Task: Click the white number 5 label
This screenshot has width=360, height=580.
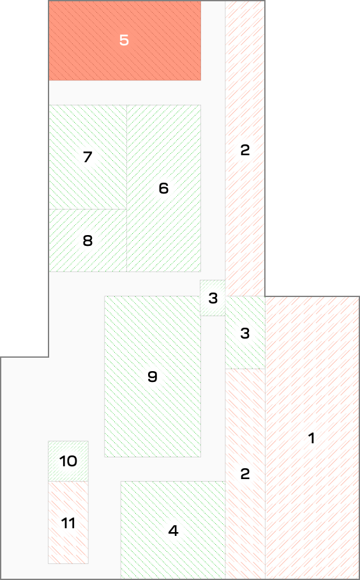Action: pos(124,40)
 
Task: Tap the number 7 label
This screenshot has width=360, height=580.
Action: pos(87,157)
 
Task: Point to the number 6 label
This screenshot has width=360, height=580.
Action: pos(163,188)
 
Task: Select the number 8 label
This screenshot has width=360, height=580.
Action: pos(87,241)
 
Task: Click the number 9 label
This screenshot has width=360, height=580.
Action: pos(153,377)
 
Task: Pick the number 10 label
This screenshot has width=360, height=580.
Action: pos(68,461)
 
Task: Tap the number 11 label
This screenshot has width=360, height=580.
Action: pos(68,523)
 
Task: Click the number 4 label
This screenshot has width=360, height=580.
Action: pos(173,531)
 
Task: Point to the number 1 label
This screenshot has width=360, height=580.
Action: pos(311,438)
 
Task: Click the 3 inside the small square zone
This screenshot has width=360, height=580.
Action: pos(213,298)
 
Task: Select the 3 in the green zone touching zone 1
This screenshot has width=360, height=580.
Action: pos(245,333)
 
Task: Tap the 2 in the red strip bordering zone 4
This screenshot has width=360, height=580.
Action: pos(245,474)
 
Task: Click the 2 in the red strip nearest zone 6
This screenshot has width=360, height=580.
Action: pos(245,150)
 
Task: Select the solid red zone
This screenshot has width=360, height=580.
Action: pos(125,40)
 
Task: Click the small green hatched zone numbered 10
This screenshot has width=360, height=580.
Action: pos(68,461)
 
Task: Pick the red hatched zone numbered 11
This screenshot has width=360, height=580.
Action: pos(68,523)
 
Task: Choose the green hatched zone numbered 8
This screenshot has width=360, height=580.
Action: pos(88,240)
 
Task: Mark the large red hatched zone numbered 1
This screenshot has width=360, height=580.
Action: pos(312,437)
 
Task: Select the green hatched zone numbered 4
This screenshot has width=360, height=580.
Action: pos(173,530)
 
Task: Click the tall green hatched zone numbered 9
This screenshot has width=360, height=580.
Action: pos(153,376)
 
